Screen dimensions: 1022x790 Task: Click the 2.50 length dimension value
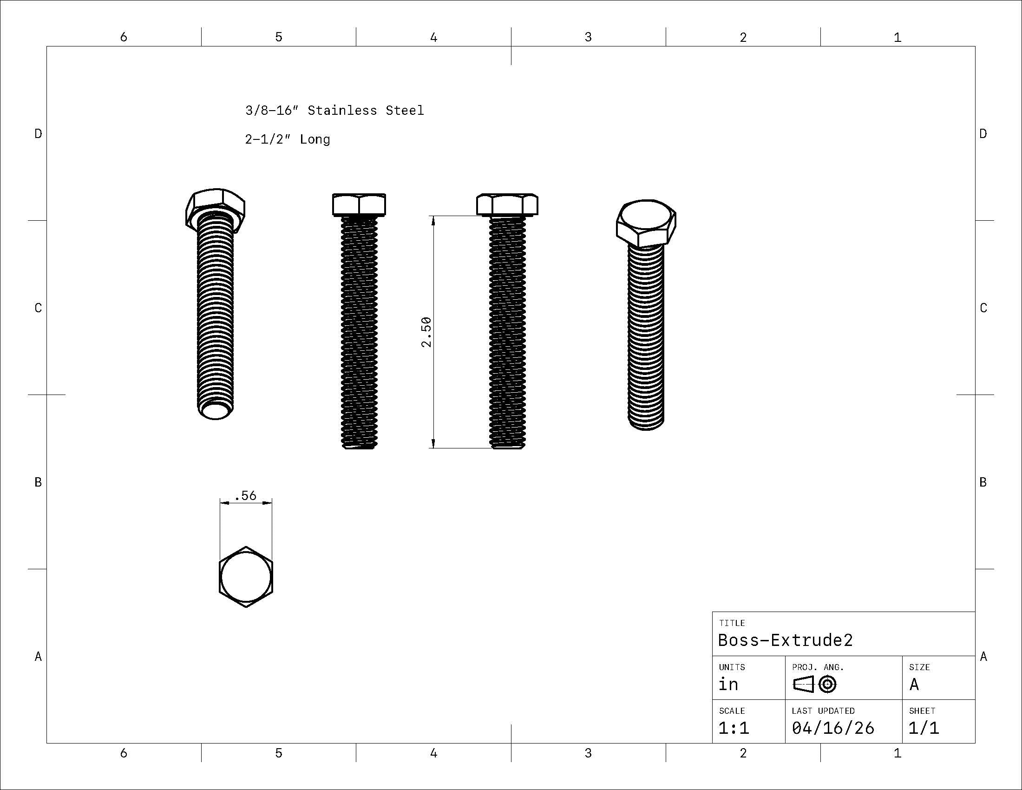(x=426, y=332)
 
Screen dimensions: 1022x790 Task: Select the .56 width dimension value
(x=246, y=495)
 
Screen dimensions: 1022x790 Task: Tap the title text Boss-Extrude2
(x=785, y=640)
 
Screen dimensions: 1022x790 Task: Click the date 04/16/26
(x=832, y=728)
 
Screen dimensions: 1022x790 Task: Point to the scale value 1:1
(x=734, y=728)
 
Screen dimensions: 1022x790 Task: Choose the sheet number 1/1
(x=924, y=728)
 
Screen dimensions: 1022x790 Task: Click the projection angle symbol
(x=815, y=685)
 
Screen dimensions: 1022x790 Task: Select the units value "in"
(x=728, y=684)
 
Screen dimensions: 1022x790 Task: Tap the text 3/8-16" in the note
(x=272, y=111)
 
